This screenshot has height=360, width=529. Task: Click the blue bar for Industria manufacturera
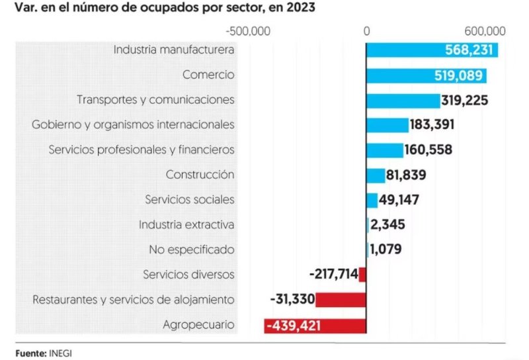coord(432,50)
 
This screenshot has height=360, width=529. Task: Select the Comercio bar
coord(427,75)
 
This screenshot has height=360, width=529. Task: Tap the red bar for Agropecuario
coord(315,325)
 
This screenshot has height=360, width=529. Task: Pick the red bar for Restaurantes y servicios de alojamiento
coord(341,300)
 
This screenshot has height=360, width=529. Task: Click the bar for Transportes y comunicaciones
coord(403,100)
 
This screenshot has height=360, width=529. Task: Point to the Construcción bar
coord(376,175)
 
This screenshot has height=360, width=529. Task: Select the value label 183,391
coord(432,125)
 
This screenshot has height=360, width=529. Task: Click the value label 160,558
coord(428,150)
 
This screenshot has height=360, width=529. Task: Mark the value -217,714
coord(333,275)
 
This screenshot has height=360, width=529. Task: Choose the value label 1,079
coord(386,250)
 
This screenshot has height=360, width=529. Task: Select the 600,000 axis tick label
coord(485,31)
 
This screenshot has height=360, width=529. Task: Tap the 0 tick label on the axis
coord(366,31)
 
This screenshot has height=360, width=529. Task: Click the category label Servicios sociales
coord(190,200)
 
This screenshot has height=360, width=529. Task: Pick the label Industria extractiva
coord(186,225)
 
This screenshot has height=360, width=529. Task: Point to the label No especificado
coord(191,250)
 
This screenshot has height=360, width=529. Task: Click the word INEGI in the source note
coord(60,352)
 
